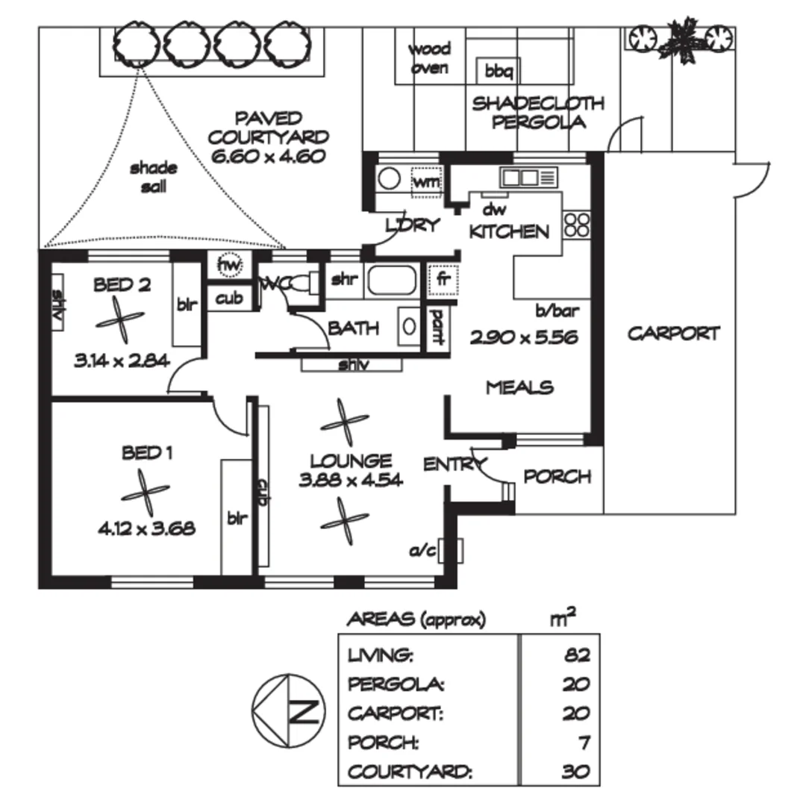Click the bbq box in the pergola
coord(495,72)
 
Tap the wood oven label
coord(429,58)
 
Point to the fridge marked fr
coord(442,279)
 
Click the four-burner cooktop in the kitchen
coord(577,225)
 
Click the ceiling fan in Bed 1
coord(145,493)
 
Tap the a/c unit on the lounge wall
coord(450,551)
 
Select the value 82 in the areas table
coord(577,655)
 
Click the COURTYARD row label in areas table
coord(410,772)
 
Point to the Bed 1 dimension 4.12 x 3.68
coord(146,529)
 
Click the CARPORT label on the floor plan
coord(673,334)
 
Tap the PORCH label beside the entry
coord(557,476)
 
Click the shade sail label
coord(153,177)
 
